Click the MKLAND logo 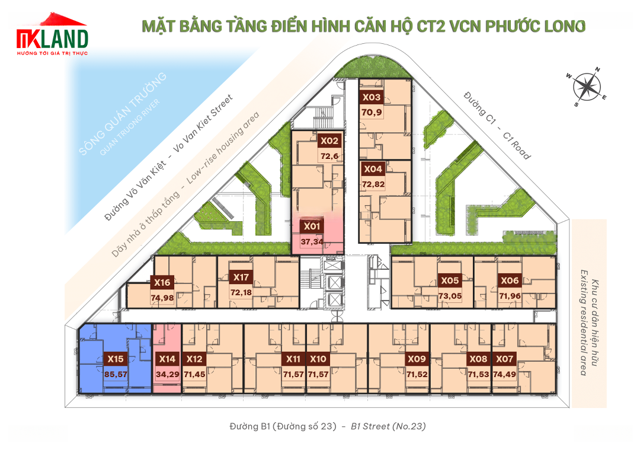click(52, 35)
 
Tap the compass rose click(587, 87)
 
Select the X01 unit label click(312, 226)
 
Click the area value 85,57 click(116, 375)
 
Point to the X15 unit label click(116, 359)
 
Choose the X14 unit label click(167, 359)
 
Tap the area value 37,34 click(312, 242)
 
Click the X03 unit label click(372, 97)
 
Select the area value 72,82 click(373, 184)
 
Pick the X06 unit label click(510, 280)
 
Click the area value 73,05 click(450, 296)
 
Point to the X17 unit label click(241, 277)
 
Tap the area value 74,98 click(162, 298)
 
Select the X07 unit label click(504, 359)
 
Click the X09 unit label click(417, 359)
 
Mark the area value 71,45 click(194, 375)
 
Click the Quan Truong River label click(130, 127)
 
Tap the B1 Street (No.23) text click(388, 426)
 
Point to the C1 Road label click(516, 145)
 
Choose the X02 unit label click(329, 141)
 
